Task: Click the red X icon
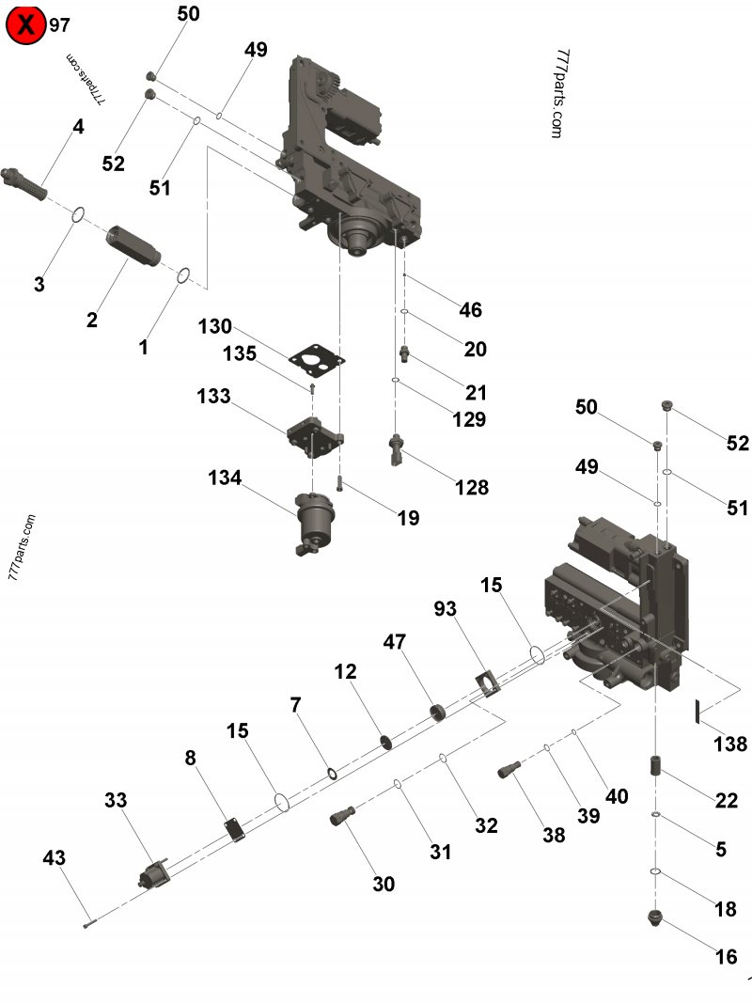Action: (x=26, y=25)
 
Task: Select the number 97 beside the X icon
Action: (x=59, y=25)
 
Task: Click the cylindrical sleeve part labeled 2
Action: (x=133, y=245)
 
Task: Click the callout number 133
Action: (x=213, y=397)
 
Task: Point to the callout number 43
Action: (x=55, y=858)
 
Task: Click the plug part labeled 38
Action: (x=510, y=770)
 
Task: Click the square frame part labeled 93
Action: (x=487, y=683)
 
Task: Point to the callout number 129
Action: (x=468, y=419)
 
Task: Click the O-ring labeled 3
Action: (x=78, y=215)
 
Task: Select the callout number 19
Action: (x=407, y=517)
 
